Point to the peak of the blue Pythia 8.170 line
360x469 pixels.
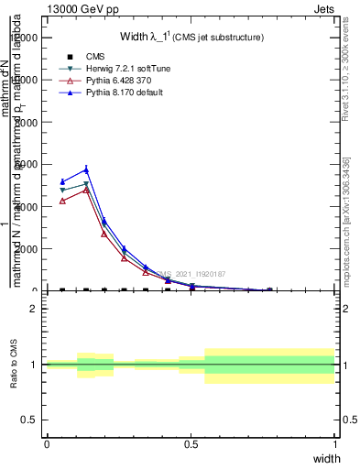coord(86,169)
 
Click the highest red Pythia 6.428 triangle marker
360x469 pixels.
coord(86,190)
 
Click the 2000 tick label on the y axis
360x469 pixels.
coord(27,249)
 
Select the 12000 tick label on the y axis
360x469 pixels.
coord(25,38)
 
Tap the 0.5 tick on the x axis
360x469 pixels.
coord(191,444)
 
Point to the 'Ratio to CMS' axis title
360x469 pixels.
coord(15,364)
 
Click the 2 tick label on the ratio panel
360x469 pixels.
coord(34,309)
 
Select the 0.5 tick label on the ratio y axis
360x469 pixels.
coord(29,420)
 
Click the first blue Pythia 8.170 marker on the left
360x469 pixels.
coord(62,181)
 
